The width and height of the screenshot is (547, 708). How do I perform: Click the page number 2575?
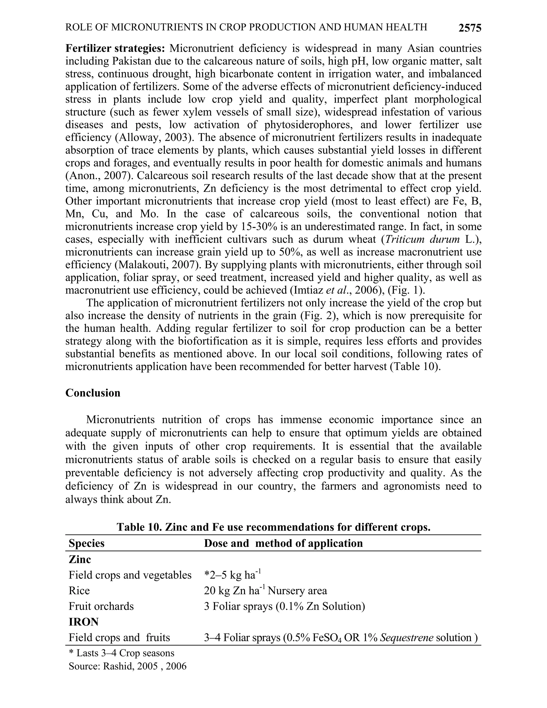click(x=470, y=28)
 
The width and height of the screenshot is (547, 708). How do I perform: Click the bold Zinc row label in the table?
click(x=80, y=559)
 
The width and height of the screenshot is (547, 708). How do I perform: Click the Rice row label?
click(x=79, y=591)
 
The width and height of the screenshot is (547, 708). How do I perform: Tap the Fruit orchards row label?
click(x=101, y=606)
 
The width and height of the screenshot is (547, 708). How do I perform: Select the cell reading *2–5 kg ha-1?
click(x=232, y=575)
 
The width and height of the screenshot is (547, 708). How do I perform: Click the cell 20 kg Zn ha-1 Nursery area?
click(x=265, y=591)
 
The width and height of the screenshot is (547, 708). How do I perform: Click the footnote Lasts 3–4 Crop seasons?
click(x=122, y=653)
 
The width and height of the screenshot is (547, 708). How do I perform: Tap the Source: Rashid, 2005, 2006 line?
click(x=127, y=666)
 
